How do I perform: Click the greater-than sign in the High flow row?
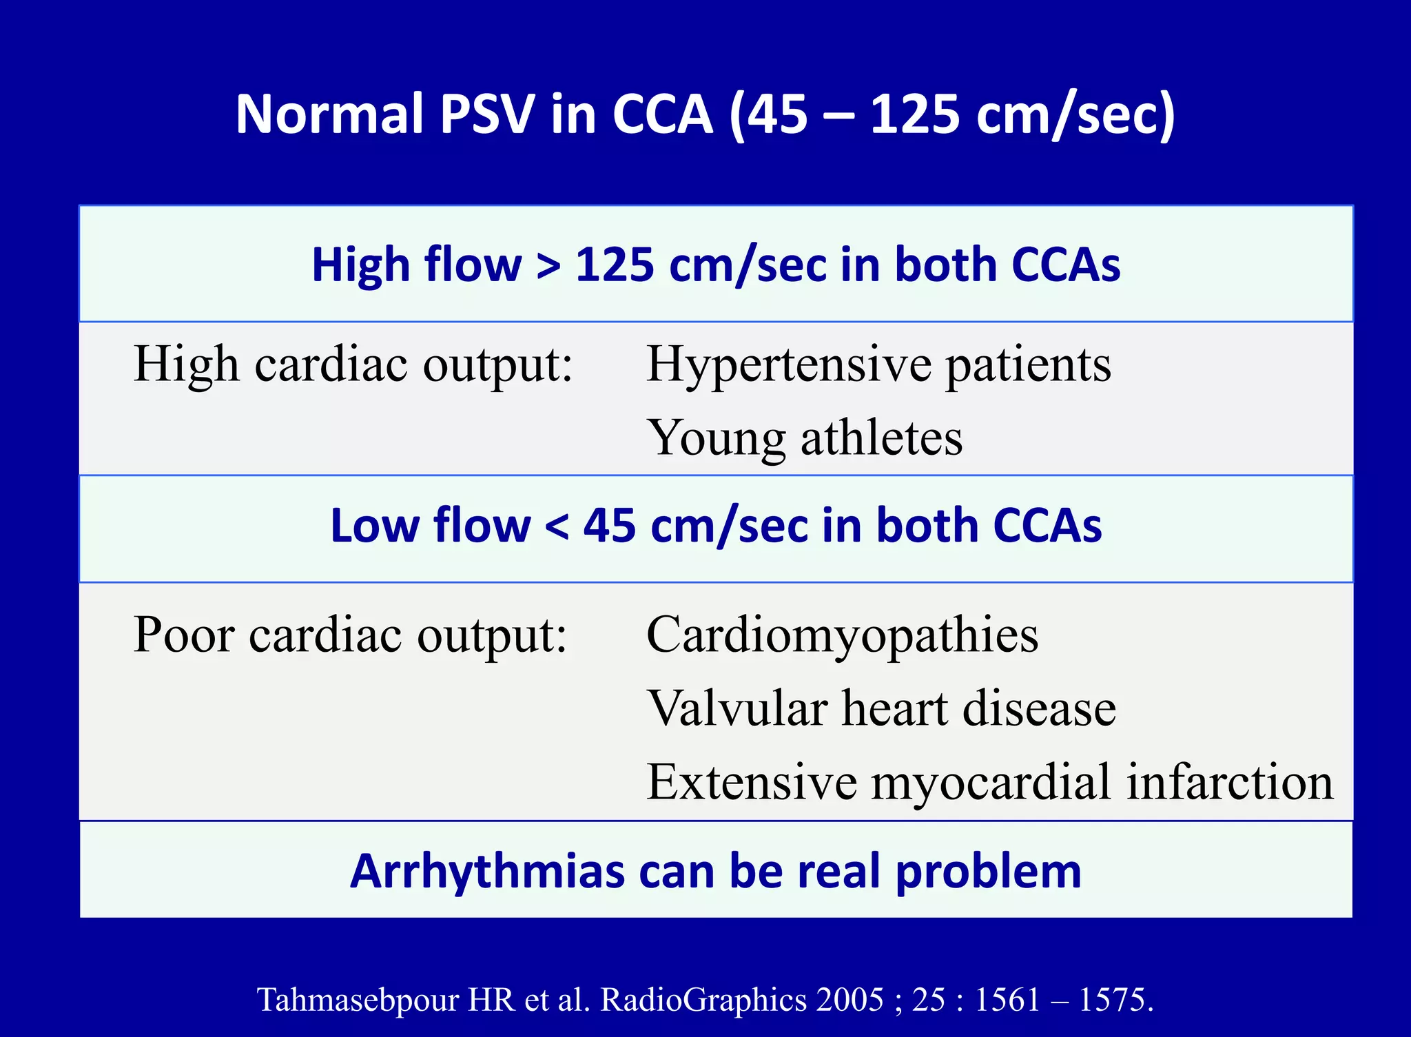pyautogui.click(x=548, y=266)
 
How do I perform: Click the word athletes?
pyautogui.click(x=881, y=438)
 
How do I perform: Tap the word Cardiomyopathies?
pyautogui.click(x=842, y=635)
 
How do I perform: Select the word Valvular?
pyautogui.click(x=737, y=708)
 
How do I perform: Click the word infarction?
pyautogui.click(x=1230, y=782)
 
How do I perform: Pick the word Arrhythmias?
pyautogui.click(x=486, y=872)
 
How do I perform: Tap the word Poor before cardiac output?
pyautogui.click(x=183, y=635)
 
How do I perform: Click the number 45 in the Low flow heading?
pyautogui.click(x=609, y=526)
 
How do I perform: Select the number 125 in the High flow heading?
pyautogui.click(x=614, y=265)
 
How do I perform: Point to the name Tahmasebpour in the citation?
pyautogui.click(x=358, y=1000)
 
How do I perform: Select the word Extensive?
pyautogui.click(x=751, y=782)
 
